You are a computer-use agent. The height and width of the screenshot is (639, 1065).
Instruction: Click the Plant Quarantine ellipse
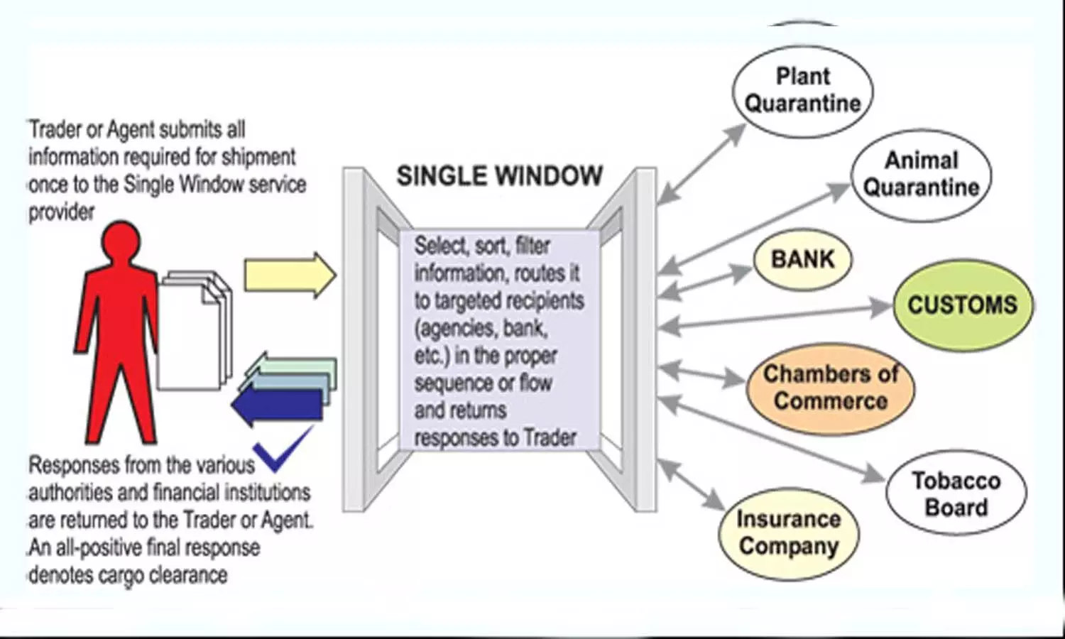tap(802, 90)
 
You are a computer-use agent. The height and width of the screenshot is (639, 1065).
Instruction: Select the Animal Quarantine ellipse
tap(921, 175)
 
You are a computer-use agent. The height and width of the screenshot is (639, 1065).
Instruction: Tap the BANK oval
tap(802, 259)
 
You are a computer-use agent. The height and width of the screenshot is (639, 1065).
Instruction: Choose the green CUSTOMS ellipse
tap(962, 305)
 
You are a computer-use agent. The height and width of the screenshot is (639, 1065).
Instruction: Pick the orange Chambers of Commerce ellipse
tap(830, 388)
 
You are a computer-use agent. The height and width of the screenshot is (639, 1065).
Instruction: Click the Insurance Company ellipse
tap(788, 532)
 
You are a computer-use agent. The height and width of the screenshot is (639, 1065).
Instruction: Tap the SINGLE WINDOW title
tap(499, 176)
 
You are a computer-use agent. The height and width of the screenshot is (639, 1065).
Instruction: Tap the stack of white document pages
tap(193, 330)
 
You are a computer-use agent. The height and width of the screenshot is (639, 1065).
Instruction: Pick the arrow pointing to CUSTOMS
tap(774, 317)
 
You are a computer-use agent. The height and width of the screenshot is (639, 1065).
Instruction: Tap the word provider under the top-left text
tap(62, 212)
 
